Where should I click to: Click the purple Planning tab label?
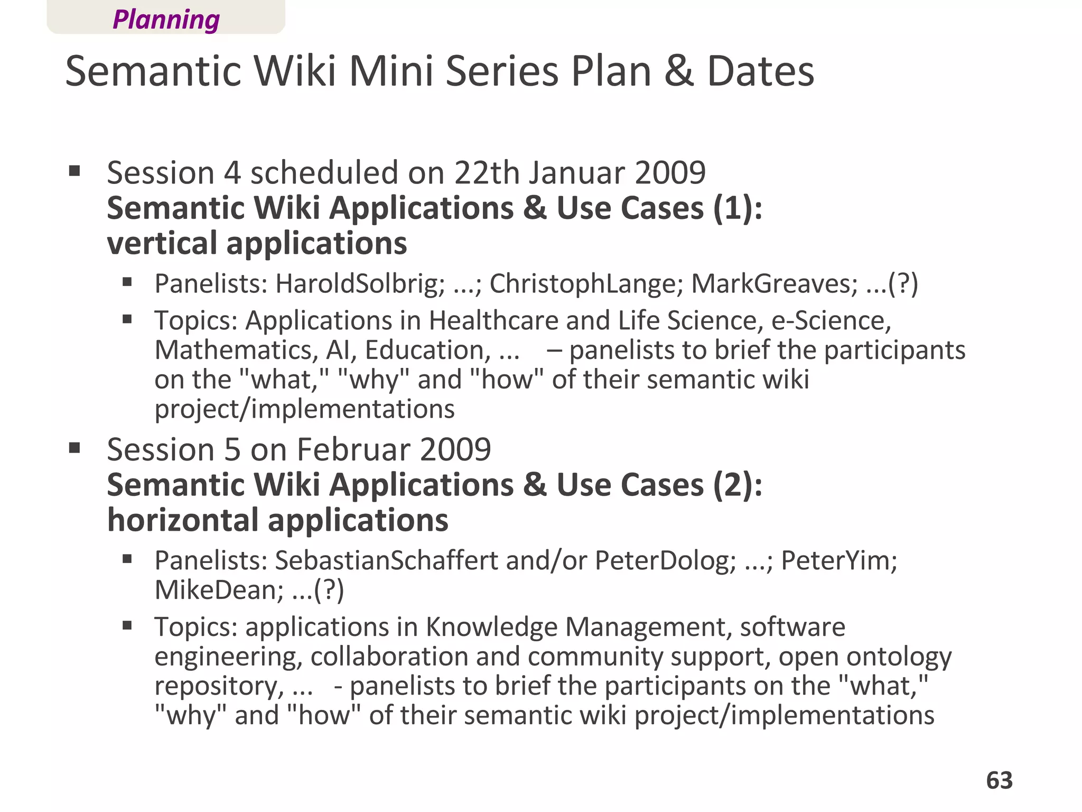[166, 20]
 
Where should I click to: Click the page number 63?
[999, 780]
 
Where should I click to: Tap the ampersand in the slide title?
[679, 71]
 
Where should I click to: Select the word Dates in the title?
[760, 71]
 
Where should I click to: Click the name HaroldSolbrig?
[360, 283]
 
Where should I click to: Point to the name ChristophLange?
[583, 283]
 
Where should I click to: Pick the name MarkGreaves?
[775, 283]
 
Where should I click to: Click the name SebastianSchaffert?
[386, 560]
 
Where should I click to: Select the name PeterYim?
[838, 560]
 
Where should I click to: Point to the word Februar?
[353, 449]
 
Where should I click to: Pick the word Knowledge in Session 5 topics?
[491, 627]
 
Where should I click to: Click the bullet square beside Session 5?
[74, 448]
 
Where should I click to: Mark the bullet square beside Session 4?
[74, 171]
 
